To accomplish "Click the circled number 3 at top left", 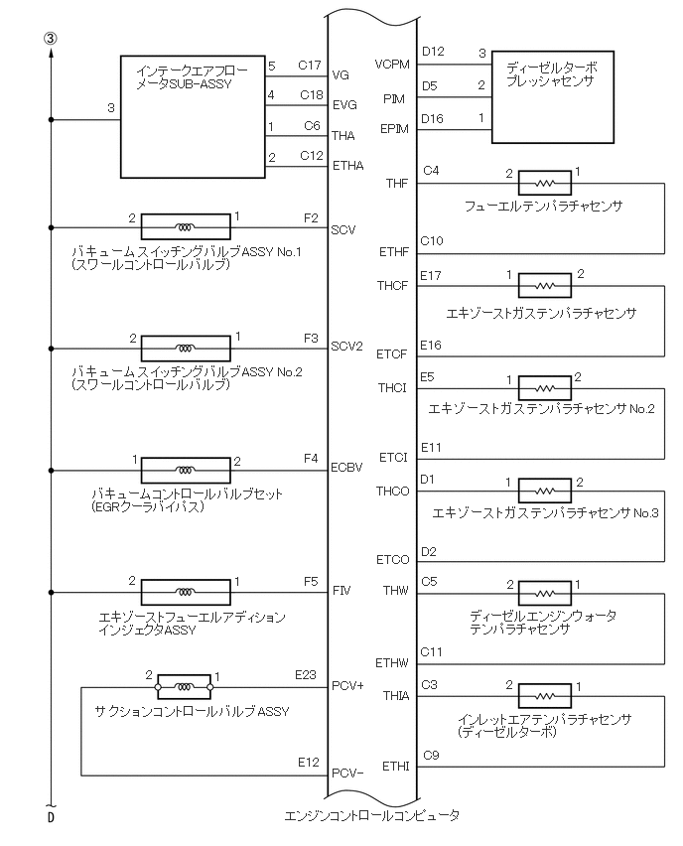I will tap(50, 38).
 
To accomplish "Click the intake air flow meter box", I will tap(193, 116).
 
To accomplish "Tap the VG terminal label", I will tap(341, 74).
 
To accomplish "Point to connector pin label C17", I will tap(311, 66).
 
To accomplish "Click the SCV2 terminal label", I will tap(346, 347).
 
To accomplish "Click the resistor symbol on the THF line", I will tap(544, 183).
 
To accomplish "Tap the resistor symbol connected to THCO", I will tap(544, 491).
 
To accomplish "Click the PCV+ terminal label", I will tap(347, 685).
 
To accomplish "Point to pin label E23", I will tap(306, 675).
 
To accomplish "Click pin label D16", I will tap(433, 118).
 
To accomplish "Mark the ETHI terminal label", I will tap(395, 767).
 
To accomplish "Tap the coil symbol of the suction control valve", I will tap(184, 686).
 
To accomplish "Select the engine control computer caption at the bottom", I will tap(371, 815).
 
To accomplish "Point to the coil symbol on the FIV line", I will tap(186, 592).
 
